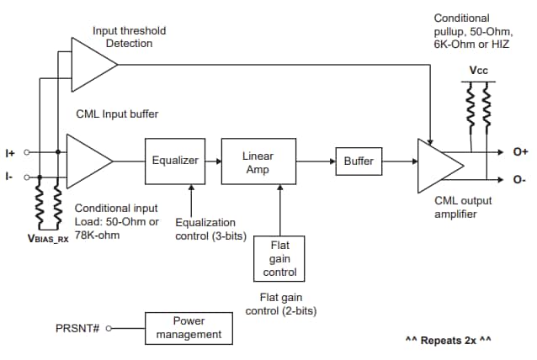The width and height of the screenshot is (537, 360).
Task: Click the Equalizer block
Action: (174, 161)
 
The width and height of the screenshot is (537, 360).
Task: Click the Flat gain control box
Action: (279, 258)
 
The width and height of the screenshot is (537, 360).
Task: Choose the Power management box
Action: (189, 327)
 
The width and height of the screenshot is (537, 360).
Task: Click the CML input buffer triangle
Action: (88, 161)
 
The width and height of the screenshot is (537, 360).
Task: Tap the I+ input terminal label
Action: (10, 152)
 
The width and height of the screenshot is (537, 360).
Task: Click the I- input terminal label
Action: (9, 177)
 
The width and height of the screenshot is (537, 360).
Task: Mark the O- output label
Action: (519, 180)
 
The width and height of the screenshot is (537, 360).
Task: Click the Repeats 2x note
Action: (448, 341)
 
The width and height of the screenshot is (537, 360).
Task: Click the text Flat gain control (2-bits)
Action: (279, 304)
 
